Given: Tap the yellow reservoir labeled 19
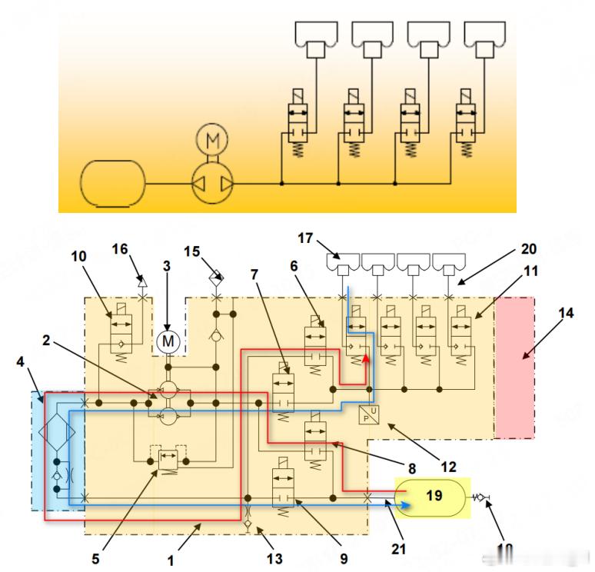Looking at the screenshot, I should click(433, 497).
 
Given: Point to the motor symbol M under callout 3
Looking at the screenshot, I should click(167, 340).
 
